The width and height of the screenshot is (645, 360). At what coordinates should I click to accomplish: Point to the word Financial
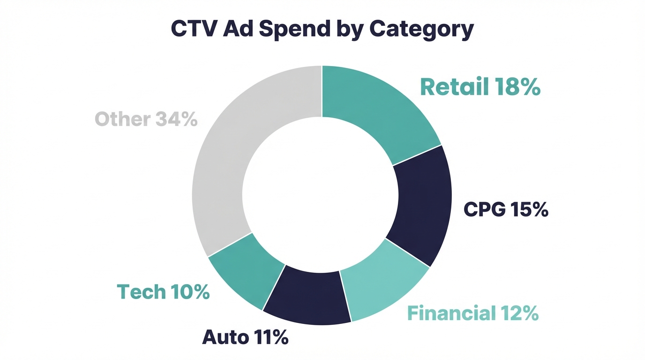451,313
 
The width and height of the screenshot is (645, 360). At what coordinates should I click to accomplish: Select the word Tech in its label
140,292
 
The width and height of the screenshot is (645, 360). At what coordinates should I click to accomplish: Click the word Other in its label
122,119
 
